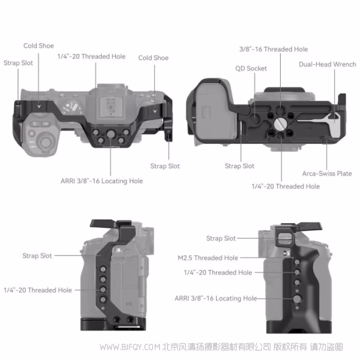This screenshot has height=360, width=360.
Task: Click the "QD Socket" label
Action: (x=251, y=68)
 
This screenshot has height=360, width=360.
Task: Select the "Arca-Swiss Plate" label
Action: (x=327, y=173)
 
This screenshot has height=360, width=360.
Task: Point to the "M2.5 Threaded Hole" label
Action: (x=208, y=258)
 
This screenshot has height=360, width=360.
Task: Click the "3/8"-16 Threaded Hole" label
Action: (x=265, y=49)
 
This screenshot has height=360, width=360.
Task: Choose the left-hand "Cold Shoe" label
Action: (x=38, y=46)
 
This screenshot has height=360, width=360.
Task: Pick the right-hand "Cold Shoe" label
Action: (x=153, y=58)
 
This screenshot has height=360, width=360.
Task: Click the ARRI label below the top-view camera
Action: (x=101, y=180)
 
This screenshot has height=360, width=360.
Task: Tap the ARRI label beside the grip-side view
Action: (x=215, y=298)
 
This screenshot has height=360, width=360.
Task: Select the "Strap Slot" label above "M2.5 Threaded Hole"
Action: (x=221, y=238)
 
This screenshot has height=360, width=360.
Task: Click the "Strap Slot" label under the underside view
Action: (x=239, y=166)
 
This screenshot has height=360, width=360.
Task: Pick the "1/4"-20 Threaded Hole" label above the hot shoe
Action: (x=91, y=56)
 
